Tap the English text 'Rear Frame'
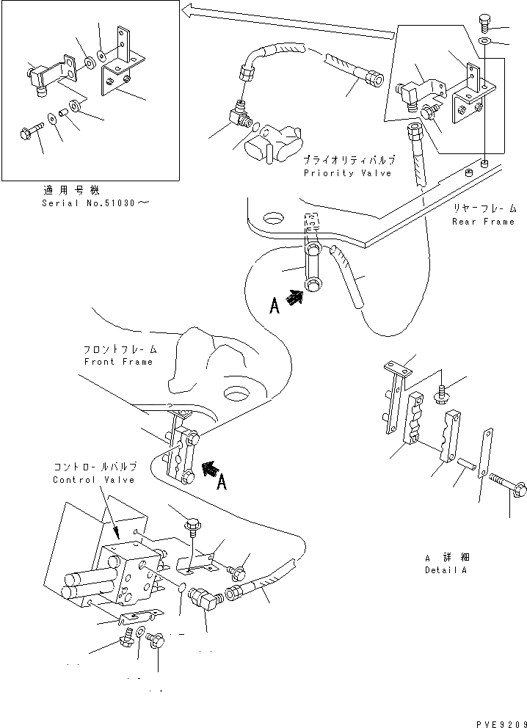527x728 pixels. pyautogui.click(x=483, y=222)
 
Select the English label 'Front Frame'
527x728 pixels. pyautogui.click(x=118, y=362)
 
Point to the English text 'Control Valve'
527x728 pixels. pyautogui.click(x=93, y=480)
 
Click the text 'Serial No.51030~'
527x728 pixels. pyautogui.click(x=94, y=203)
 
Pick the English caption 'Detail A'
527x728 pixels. pyautogui.click(x=445, y=570)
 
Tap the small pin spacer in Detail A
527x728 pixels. pyautogui.click(x=466, y=465)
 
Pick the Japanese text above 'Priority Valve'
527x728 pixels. pyautogui.click(x=349, y=159)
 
